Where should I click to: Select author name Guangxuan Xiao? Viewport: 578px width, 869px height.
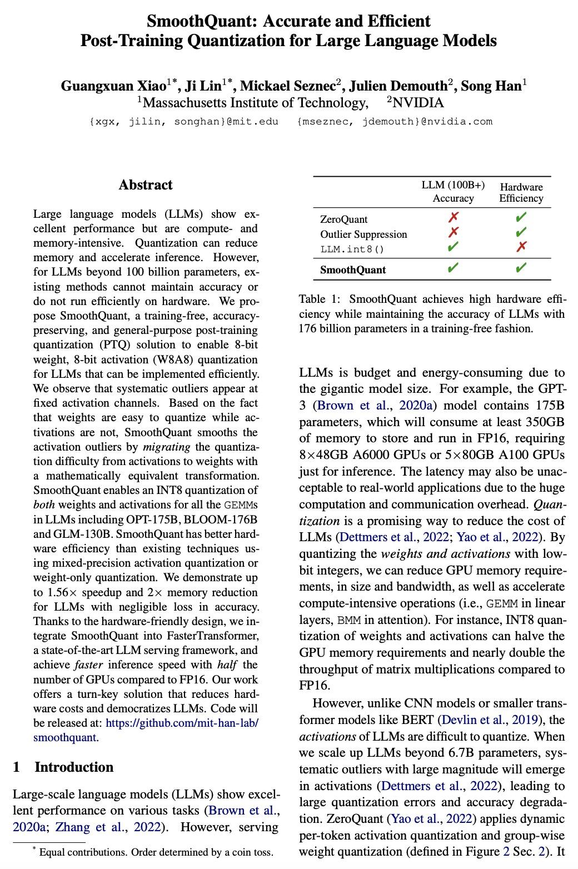pyautogui.click(x=103, y=86)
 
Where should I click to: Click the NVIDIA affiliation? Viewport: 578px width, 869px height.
pyautogui.click(x=418, y=103)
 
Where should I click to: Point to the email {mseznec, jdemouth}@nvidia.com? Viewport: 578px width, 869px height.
pyautogui.click(x=395, y=121)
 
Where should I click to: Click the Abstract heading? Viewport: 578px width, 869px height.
pyautogui.click(x=146, y=185)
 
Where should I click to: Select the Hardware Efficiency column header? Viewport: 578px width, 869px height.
pyautogui.click(x=521, y=192)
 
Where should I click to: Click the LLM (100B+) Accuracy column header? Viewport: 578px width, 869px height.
pyautogui.click(x=453, y=192)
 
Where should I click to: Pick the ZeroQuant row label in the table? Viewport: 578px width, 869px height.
pyautogui.click(x=343, y=219)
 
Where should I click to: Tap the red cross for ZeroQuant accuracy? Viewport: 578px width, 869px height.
pyautogui.click(x=454, y=217)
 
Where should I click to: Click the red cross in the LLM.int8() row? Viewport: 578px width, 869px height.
pyautogui.click(x=521, y=247)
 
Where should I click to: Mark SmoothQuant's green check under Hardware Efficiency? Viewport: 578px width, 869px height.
pyautogui.click(x=521, y=269)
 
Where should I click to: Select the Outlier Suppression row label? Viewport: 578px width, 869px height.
pyautogui.click(x=363, y=234)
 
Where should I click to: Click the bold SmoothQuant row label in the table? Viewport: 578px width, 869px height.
pyautogui.click(x=353, y=270)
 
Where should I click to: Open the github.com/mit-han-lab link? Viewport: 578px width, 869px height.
pyautogui.click(x=182, y=723)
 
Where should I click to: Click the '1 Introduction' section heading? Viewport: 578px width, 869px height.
pyautogui.click(x=63, y=767)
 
